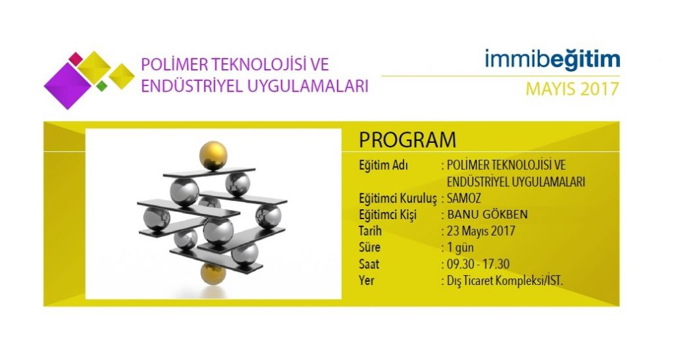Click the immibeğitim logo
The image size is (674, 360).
click(x=552, y=59)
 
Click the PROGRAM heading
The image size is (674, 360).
click(x=407, y=140)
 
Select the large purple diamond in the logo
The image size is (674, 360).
click(x=68, y=86)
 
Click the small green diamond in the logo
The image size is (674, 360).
click(x=102, y=86)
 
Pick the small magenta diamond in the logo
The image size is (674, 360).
click(x=76, y=59)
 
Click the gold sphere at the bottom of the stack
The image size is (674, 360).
click(x=213, y=273)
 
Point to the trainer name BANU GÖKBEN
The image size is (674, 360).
click(x=488, y=215)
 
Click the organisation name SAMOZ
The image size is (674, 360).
click(x=464, y=198)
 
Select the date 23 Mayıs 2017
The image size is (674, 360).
click(x=481, y=231)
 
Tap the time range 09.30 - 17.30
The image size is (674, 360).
click(x=478, y=264)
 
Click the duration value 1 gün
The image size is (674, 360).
click(x=460, y=248)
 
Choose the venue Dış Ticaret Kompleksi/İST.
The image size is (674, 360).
click(x=505, y=280)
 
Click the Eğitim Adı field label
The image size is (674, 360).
click(x=384, y=165)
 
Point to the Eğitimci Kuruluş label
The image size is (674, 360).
click(x=398, y=199)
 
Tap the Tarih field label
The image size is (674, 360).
click(x=370, y=231)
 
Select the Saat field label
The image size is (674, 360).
click(x=369, y=264)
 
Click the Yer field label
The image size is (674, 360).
click(x=367, y=280)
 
